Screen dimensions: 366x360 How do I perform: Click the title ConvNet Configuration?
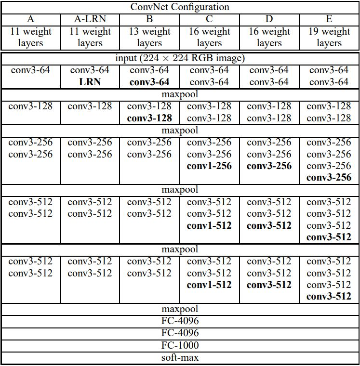tap(180, 7)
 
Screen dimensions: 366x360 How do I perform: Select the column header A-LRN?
tap(90, 19)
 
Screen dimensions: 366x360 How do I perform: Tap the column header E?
tap(329, 19)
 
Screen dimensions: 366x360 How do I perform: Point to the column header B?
tap(149, 19)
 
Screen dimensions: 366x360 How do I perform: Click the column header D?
tap(269, 19)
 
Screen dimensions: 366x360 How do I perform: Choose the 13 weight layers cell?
tap(149, 37)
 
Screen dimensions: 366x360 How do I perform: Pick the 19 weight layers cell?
tap(329, 37)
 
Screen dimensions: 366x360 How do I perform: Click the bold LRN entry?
tap(90, 82)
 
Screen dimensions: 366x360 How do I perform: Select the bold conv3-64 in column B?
tap(149, 82)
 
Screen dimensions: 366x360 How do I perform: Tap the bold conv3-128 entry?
tap(149, 118)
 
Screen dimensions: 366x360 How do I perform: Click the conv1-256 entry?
tap(209, 166)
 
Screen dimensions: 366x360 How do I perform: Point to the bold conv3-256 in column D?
tap(269, 166)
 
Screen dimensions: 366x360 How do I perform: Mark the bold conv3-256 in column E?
tap(329, 178)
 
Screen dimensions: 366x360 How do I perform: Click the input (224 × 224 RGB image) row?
tap(180, 58)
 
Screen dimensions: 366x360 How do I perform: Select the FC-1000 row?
tap(180, 345)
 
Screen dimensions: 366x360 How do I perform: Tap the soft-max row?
tap(180, 357)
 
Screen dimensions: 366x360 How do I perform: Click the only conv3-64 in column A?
tap(30, 70)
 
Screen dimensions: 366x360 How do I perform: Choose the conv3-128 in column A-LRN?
tap(90, 106)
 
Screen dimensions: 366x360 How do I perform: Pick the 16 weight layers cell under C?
tap(209, 37)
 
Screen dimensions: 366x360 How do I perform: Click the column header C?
tap(209, 19)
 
